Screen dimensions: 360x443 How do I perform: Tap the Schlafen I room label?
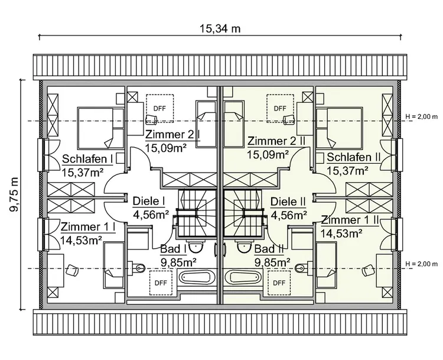pos(87,158)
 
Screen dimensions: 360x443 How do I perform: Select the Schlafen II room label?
pos(353,157)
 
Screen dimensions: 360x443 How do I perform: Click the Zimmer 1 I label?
pos(87,227)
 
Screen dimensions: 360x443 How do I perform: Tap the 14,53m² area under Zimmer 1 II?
pos(341,233)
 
